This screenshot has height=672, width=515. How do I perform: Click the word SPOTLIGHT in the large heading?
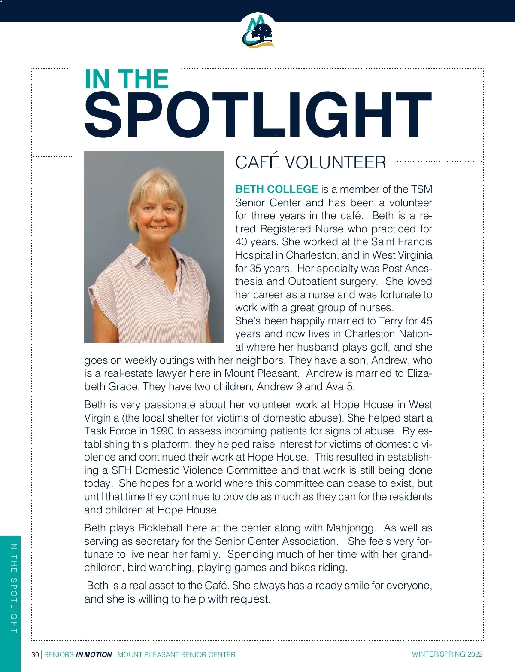point(257,115)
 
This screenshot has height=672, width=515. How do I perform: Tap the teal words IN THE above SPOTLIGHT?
point(127,79)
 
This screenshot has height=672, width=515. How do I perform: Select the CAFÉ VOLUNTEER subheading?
point(310,162)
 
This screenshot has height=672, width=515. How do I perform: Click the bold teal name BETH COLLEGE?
point(276,189)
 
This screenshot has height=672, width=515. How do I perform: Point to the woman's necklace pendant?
point(162,280)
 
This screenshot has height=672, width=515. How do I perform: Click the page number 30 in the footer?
point(35,654)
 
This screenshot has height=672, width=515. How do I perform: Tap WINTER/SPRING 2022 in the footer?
point(447,654)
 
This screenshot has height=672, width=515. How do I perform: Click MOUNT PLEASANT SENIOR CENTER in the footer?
point(176,654)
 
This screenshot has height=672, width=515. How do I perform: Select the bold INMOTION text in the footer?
point(94,654)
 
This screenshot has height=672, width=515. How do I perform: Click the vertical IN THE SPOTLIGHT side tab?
point(14,586)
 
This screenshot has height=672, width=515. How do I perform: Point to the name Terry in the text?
point(391,321)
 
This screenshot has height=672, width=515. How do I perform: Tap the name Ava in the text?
point(335,387)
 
